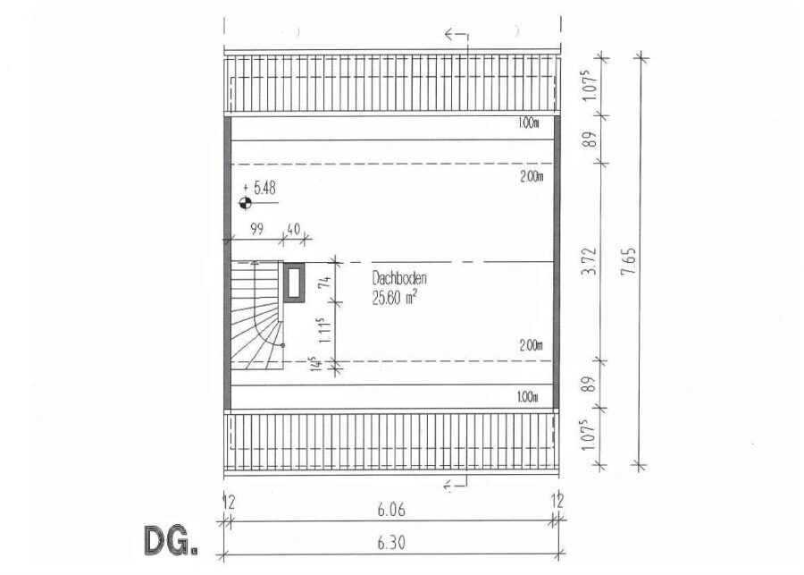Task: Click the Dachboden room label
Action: (x=399, y=279)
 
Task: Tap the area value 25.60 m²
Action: (x=394, y=297)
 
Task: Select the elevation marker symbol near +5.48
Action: (x=245, y=203)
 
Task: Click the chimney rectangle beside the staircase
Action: (x=294, y=282)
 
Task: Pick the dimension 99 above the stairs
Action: (x=256, y=229)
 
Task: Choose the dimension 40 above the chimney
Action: (x=293, y=228)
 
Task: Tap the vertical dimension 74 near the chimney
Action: (x=324, y=282)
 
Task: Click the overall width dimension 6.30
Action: (x=390, y=543)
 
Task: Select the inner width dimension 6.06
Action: (x=390, y=510)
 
